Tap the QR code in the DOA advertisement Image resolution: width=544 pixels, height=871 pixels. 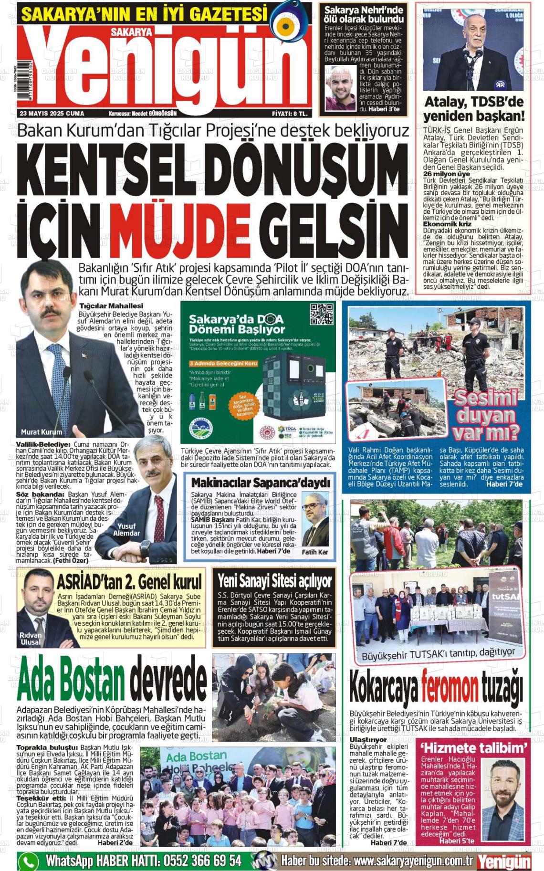point(321,315)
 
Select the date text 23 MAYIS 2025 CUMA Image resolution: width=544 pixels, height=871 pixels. point(52,114)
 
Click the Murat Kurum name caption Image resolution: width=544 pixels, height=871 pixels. point(42,432)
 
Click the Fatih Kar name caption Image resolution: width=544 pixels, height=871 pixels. point(315,552)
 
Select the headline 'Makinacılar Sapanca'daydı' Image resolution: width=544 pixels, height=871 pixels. point(261,483)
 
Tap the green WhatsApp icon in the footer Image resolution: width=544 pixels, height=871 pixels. point(28,861)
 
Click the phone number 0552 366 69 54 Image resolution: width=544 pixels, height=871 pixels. point(202,861)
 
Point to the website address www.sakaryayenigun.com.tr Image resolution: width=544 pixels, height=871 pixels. point(413,861)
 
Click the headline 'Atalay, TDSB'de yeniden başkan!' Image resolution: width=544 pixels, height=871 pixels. point(474,109)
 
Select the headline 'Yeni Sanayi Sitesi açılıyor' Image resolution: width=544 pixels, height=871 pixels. point(274,581)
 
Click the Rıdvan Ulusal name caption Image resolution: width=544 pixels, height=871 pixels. point(31,639)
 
